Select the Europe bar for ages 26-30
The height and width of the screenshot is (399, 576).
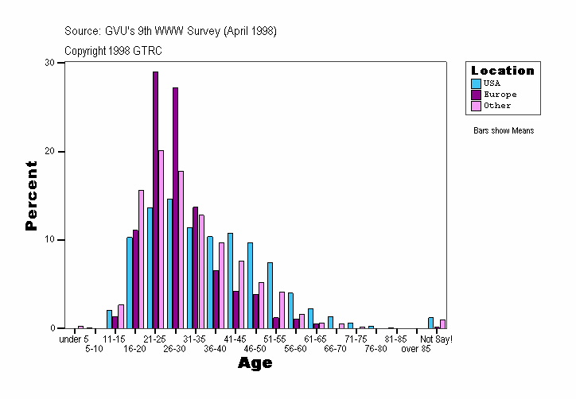tap(176, 207)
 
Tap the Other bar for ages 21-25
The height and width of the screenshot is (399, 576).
tap(162, 239)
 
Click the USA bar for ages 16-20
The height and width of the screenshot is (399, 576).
tap(130, 282)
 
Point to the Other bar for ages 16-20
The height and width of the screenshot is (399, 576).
tap(142, 259)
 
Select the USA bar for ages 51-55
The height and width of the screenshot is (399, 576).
tap(270, 295)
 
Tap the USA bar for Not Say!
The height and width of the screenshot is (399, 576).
tap(431, 323)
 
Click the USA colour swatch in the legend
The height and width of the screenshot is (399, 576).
tap(476, 83)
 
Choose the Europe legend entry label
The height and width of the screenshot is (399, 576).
tap(500, 95)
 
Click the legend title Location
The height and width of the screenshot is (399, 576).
tap(502, 71)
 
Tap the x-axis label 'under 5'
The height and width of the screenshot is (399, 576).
tap(75, 339)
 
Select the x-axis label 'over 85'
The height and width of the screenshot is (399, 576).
tap(416, 349)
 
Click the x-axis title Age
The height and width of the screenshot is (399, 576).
tap(255, 364)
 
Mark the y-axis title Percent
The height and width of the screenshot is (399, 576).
tap(31, 196)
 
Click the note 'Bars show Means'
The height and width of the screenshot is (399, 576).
tap(503, 131)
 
